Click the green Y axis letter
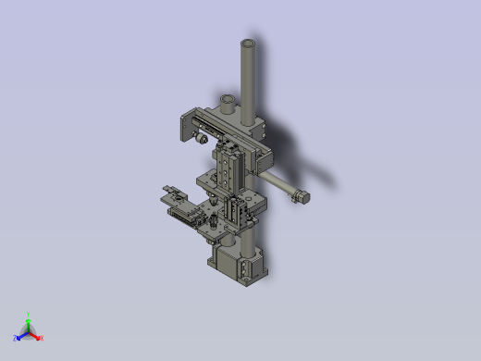tap(29, 315)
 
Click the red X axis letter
tap(42, 338)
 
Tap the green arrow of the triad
tap(29, 323)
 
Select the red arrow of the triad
tap(35, 335)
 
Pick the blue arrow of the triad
tap(21, 335)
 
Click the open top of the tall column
tap(248, 43)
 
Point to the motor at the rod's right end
tap(301, 196)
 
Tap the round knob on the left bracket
tap(200, 139)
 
